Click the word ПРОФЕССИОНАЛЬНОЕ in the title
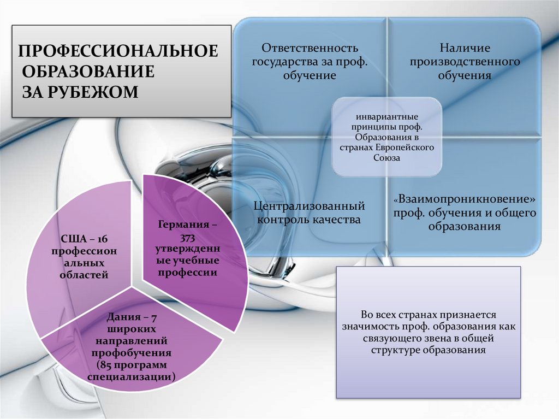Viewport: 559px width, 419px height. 118,52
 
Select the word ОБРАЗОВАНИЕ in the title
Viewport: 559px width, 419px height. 88,72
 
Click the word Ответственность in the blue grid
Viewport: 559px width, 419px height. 310,49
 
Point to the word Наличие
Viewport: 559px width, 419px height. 465,49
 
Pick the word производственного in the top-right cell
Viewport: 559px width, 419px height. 465,62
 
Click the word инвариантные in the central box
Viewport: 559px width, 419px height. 387,117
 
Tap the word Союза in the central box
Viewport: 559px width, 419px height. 387,157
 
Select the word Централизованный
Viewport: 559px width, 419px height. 310,206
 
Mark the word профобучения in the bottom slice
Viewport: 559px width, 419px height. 131,352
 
